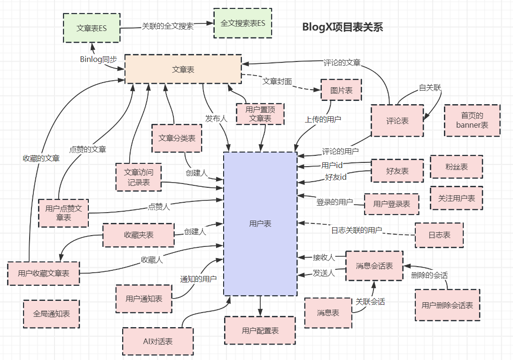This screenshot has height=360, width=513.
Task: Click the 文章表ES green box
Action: point(92,28)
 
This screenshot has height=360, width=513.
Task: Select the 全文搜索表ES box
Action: point(243,23)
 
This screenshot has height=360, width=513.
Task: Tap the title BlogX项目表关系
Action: point(343,27)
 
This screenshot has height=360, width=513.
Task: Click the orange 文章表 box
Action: point(183,69)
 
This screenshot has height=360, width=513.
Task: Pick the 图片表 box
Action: point(342,90)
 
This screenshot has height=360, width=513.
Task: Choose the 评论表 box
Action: point(397,121)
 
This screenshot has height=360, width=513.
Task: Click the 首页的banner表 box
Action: point(472,121)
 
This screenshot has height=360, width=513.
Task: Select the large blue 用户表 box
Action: point(260,224)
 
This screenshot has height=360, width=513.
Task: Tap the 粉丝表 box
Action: point(457,167)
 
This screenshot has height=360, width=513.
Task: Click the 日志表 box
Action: point(439,235)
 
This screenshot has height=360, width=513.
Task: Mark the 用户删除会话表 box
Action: point(447,306)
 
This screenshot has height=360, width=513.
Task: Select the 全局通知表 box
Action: point(52,313)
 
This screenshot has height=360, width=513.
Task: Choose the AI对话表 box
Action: point(158,341)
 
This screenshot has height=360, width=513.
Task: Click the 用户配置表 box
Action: point(260,330)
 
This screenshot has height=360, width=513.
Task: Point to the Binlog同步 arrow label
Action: point(99,59)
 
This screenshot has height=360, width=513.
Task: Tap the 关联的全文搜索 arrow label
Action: point(168,26)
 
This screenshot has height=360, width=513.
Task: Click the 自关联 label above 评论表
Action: point(430,88)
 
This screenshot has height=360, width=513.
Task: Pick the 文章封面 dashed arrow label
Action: point(277,81)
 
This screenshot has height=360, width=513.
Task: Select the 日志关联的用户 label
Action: point(357,230)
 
